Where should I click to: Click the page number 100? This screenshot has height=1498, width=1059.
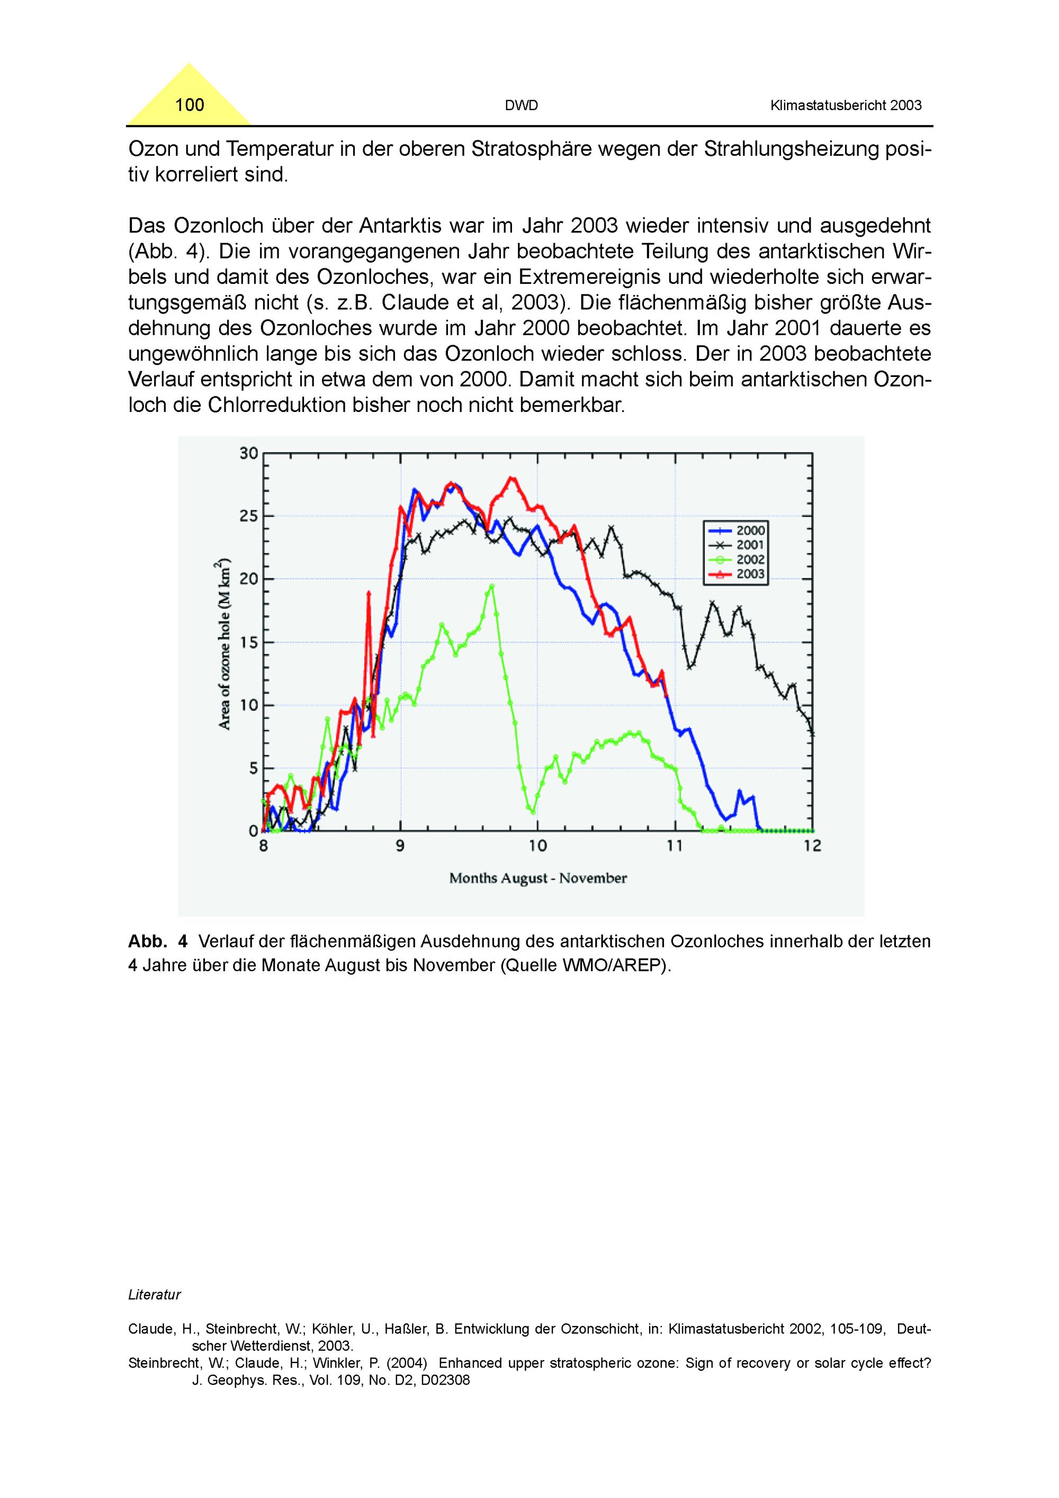pos(189,105)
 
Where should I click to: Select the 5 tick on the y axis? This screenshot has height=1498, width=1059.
pos(253,768)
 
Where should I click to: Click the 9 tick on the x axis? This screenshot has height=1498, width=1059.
pos(400,846)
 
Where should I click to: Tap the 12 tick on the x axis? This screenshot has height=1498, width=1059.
pos(812,846)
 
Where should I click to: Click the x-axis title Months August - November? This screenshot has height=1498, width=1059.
pos(537,878)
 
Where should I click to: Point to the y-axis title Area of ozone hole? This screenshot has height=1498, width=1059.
pos(225,643)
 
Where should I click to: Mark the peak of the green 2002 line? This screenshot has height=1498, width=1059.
pos(492,586)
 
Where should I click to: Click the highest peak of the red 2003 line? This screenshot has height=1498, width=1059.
pos(511,478)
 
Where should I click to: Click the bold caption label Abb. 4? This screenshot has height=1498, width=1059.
pos(157,941)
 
